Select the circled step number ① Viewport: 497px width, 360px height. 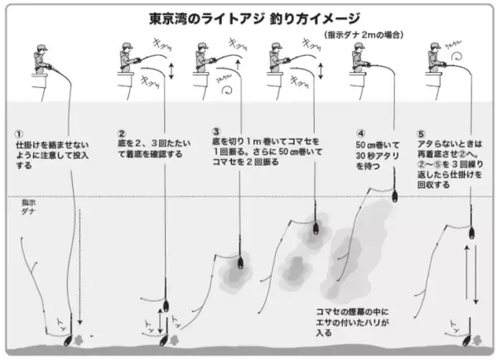[x=18, y=132]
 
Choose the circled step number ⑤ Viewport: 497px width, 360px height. [x=419, y=132]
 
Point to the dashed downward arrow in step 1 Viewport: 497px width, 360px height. [x=81, y=265]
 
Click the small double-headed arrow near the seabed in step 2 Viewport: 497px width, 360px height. [x=162, y=322]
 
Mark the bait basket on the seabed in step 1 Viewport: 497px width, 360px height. [x=65, y=337]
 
